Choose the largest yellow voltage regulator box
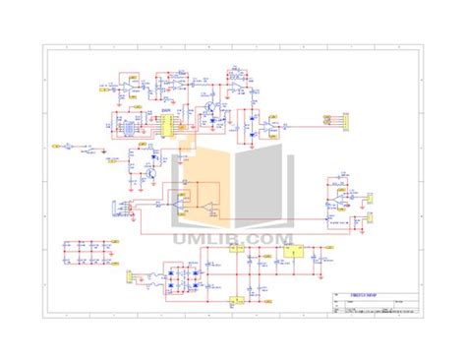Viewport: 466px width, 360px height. coord(291,252)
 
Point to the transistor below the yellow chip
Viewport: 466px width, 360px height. coord(149,171)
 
